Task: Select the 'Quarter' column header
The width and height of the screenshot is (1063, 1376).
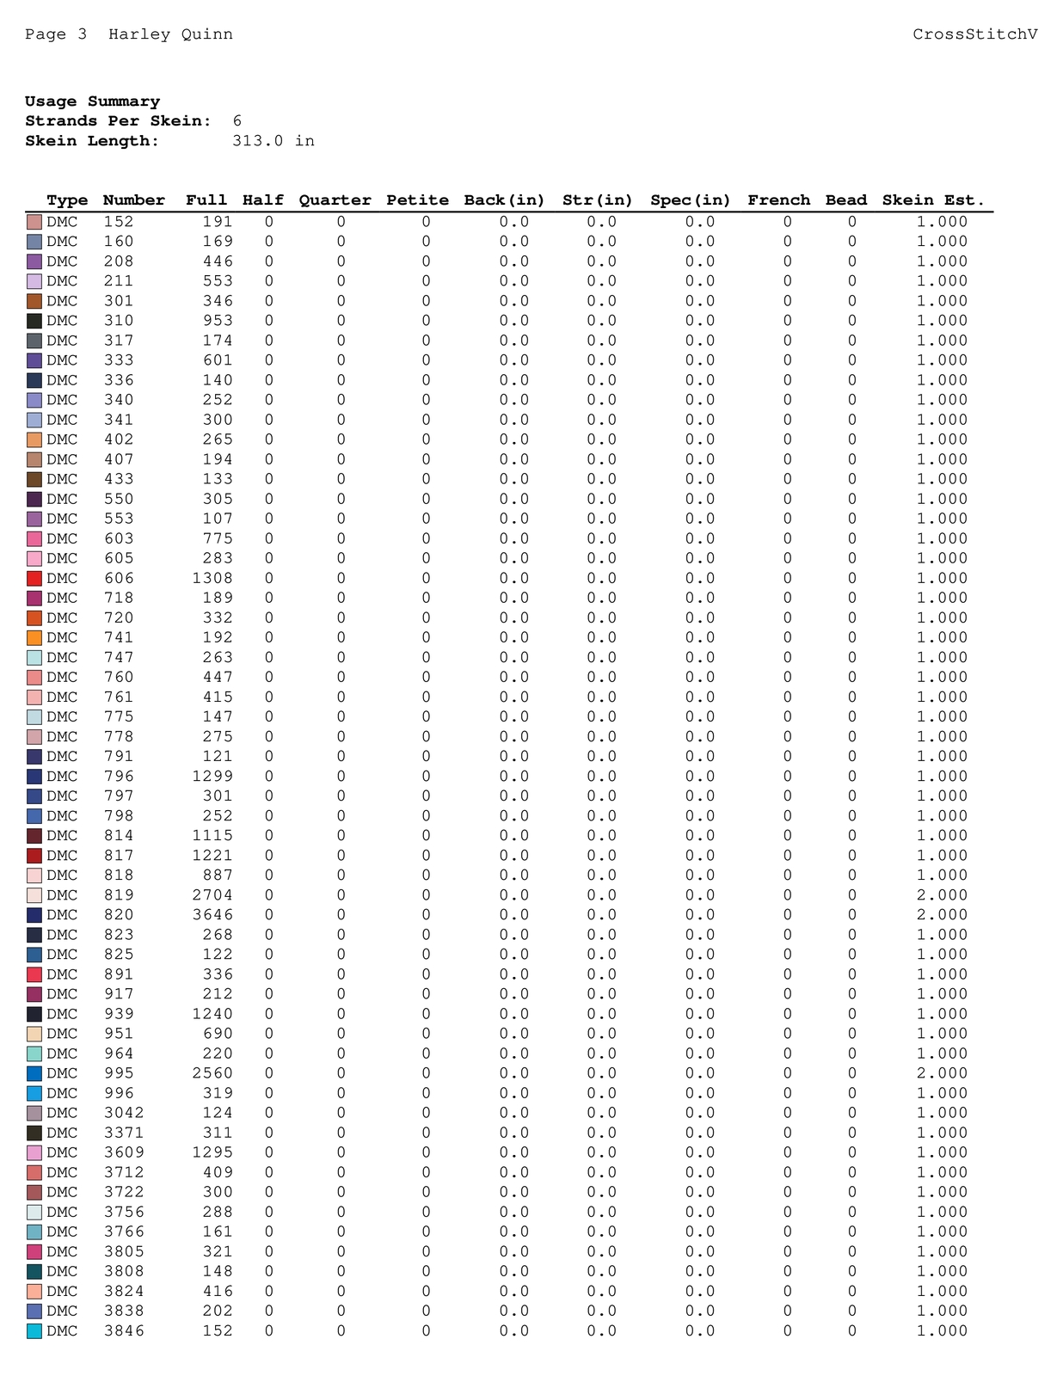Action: pyautogui.click(x=335, y=200)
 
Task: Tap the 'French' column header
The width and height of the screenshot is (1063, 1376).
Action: pyautogui.click(x=778, y=200)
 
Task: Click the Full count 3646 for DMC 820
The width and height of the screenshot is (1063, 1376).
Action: pyautogui.click(x=212, y=915)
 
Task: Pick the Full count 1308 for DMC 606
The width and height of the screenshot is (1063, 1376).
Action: pyautogui.click(x=212, y=579)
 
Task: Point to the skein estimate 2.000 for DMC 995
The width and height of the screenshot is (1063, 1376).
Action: pyautogui.click(x=942, y=1073)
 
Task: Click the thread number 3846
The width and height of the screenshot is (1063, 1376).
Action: pyautogui.click(x=124, y=1331)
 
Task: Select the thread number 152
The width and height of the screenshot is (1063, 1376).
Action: pyautogui.click(x=119, y=222)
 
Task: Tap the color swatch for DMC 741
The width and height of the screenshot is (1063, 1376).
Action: pyautogui.click(x=34, y=638)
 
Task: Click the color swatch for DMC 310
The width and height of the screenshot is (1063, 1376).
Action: pyautogui.click(x=34, y=321)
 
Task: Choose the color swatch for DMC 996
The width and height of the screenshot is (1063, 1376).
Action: pyautogui.click(x=34, y=1094)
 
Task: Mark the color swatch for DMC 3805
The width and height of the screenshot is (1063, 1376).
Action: pyautogui.click(x=34, y=1252)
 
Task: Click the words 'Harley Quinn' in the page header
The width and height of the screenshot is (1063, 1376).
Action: pyautogui.click(x=170, y=34)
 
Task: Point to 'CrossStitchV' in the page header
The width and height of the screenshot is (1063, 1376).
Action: pyautogui.click(x=974, y=34)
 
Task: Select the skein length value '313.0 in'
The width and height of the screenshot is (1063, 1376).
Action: pyautogui.click(x=273, y=141)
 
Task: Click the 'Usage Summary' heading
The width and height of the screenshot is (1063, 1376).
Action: pyautogui.click(x=92, y=101)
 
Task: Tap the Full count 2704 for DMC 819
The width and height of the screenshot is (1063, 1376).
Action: pyautogui.click(x=212, y=895)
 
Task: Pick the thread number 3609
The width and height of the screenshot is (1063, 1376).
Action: pyautogui.click(x=124, y=1152)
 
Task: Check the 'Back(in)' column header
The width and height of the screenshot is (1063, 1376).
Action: pyautogui.click(x=504, y=200)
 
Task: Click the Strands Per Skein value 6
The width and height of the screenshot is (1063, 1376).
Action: pyautogui.click(x=237, y=121)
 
